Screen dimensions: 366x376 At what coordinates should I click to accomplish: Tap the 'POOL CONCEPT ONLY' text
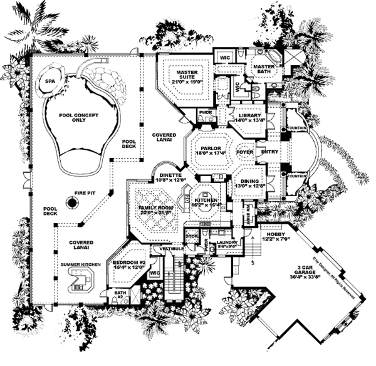[80, 116]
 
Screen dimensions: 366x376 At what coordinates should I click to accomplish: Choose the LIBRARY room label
[249, 117]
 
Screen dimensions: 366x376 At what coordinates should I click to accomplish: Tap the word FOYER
[243, 150]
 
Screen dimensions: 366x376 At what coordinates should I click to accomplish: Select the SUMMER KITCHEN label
[80, 266]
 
